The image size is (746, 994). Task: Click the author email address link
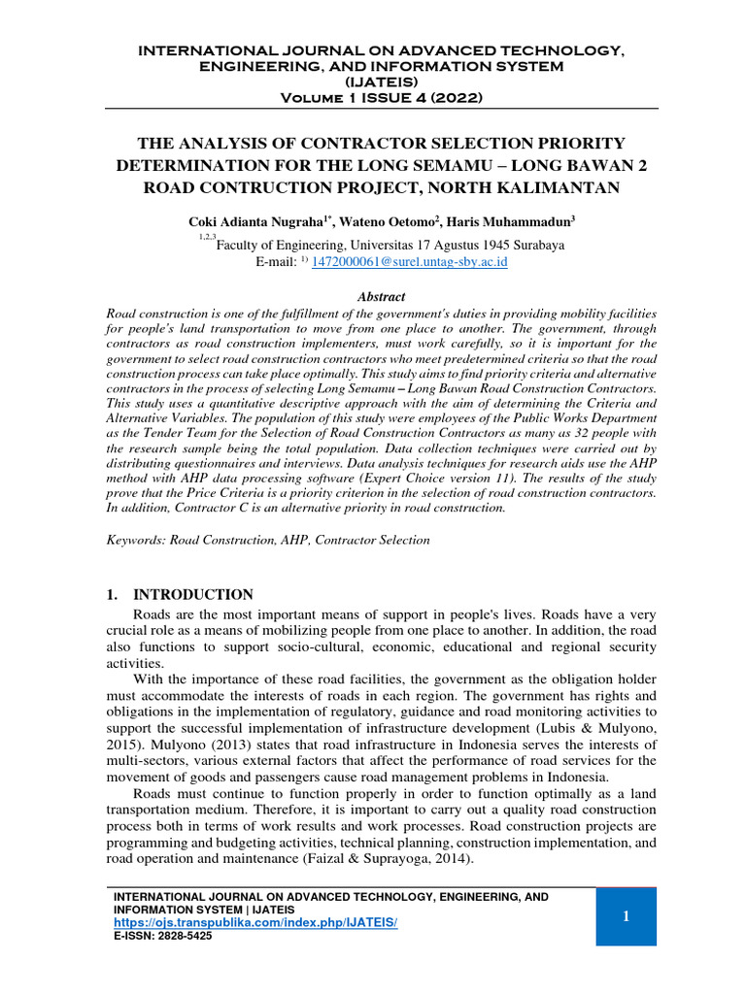pyautogui.click(x=409, y=262)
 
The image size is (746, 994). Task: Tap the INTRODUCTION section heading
pyautogui.click(x=193, y=594)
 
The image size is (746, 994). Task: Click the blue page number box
pyautogui.click(x=626, y=916)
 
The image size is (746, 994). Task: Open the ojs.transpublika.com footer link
pyautogui.click(x=256, y=921)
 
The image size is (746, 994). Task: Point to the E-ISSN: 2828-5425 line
pyautogui.click(x=163, y=936)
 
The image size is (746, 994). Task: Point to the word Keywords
pyautogui.click(x=136, y=540)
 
